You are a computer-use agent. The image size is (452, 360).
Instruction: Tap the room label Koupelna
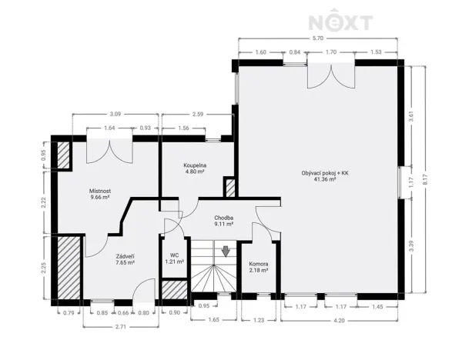(x=194, y=166)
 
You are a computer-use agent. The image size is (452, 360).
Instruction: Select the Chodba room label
(x=224, y=218)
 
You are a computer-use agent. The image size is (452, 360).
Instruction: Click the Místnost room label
(x=100, y=191)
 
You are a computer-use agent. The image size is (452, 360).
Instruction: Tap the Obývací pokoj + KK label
(x=323, y=173)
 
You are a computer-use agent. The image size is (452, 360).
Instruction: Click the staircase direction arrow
(x=226, y=251)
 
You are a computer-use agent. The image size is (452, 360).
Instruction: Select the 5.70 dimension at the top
(x=317, y=38)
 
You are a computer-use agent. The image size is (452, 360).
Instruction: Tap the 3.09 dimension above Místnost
(x=116, y=114)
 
